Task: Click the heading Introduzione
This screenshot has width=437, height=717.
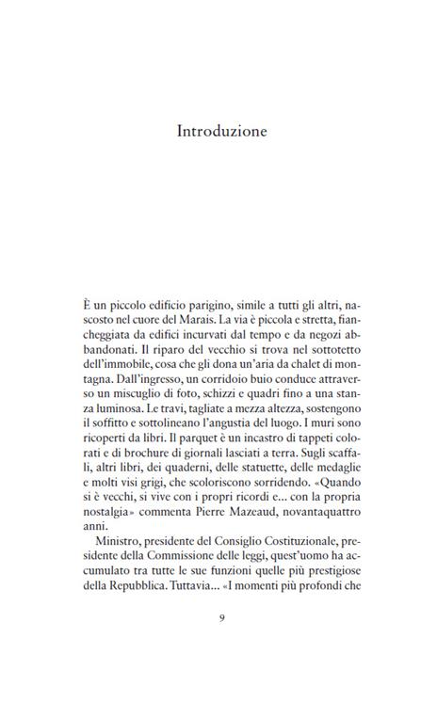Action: tap(222, 131)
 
